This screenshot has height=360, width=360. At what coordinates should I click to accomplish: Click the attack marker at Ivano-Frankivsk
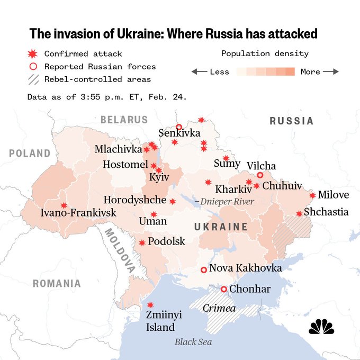coord(64,205)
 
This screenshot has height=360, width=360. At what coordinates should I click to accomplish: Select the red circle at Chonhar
coord(224,289)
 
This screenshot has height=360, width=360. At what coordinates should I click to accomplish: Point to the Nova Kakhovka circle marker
coord(203,269)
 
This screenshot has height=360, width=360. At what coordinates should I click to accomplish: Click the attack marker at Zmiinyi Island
coord(150,305)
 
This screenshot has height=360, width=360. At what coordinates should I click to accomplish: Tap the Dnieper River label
coord(224,202)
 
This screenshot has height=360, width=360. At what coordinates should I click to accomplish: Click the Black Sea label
coord(193,341)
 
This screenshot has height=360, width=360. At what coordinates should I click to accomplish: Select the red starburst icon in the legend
coord(33,53)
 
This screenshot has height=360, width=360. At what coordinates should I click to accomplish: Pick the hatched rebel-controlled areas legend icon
coord(33,79)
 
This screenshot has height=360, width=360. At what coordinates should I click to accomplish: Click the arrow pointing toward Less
coord(199,71)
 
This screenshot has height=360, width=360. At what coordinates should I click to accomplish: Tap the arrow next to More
coord(331,71)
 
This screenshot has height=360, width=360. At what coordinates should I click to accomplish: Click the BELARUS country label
coord(124,120)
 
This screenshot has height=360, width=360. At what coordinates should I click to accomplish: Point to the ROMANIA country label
coord(57,283)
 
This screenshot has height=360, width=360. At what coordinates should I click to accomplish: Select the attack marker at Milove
coord(312,195)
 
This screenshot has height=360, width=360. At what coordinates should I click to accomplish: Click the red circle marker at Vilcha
coord(260,175)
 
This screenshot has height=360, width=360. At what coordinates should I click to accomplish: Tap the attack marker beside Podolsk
coord(142,242)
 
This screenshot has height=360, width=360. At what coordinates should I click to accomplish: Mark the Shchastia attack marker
coord(299,214)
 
